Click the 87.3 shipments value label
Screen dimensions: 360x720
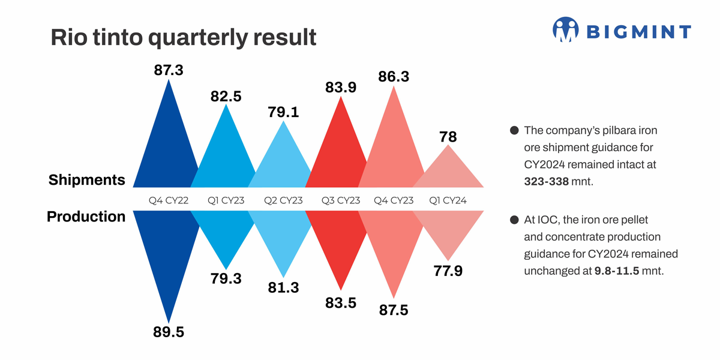[169, 70]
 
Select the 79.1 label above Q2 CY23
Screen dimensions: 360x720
[283, 112]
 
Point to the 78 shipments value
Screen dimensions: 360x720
[448, 137]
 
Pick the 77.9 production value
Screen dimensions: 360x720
[448, 271]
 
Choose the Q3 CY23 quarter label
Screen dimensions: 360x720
[341, 200]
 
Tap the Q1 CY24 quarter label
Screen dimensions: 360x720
[448, 200]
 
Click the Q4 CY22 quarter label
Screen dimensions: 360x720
[169, 200]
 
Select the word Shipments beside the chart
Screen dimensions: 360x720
[87, 179]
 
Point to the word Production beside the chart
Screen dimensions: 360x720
[86, 216]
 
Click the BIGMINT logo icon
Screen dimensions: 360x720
[565, 30]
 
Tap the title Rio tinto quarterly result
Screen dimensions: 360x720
[183, 37]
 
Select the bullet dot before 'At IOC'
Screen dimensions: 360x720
[514, 220]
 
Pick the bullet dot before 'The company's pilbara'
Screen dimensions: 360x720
[514, 130]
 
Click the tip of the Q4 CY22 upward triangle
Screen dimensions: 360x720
[169, 81]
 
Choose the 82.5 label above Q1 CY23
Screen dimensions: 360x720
[226, 96]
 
